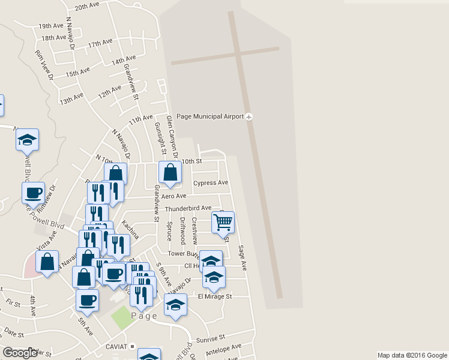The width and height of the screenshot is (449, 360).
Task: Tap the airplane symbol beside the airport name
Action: [x=250, y=116]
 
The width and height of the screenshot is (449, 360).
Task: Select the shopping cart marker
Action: [x=223, y=223]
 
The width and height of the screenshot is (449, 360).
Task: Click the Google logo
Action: [x=20, y=353]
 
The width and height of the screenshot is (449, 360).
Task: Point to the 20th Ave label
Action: [x=87, y=6]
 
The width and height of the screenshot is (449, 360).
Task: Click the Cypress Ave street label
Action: [x=211, y=182]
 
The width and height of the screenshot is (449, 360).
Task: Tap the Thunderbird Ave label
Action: [x=188, y=208]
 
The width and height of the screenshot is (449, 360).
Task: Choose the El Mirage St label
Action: [x=214, y=296]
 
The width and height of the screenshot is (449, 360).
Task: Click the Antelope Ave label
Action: [x=223, y=347]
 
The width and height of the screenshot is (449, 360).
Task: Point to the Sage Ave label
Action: [x=243, y=256]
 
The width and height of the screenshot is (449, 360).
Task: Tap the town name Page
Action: [x=144, y=316]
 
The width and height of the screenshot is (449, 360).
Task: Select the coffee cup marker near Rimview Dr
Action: [x=33, y=193]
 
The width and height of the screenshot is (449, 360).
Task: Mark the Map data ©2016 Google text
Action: [x=412, y=355]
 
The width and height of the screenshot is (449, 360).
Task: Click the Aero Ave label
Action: [x=173, y=196]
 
